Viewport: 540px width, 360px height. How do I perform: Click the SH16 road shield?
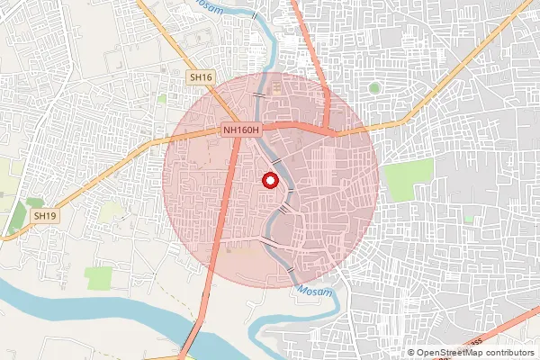201,78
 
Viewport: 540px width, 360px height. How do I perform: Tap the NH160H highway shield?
241,131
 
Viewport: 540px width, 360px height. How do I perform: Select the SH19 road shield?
44,216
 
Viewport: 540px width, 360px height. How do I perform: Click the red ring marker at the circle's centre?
269,180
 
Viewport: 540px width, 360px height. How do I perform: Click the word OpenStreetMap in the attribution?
448,353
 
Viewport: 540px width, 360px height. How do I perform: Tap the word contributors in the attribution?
508,353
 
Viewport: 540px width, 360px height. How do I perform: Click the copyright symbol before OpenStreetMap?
411,353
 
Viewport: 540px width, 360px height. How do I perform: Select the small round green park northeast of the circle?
373,88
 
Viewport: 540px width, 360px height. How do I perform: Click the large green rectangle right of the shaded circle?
408,175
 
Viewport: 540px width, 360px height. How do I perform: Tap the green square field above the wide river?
99,277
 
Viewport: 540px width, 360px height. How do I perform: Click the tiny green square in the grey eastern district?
469,218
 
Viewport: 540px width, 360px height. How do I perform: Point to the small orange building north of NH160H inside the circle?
275,90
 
